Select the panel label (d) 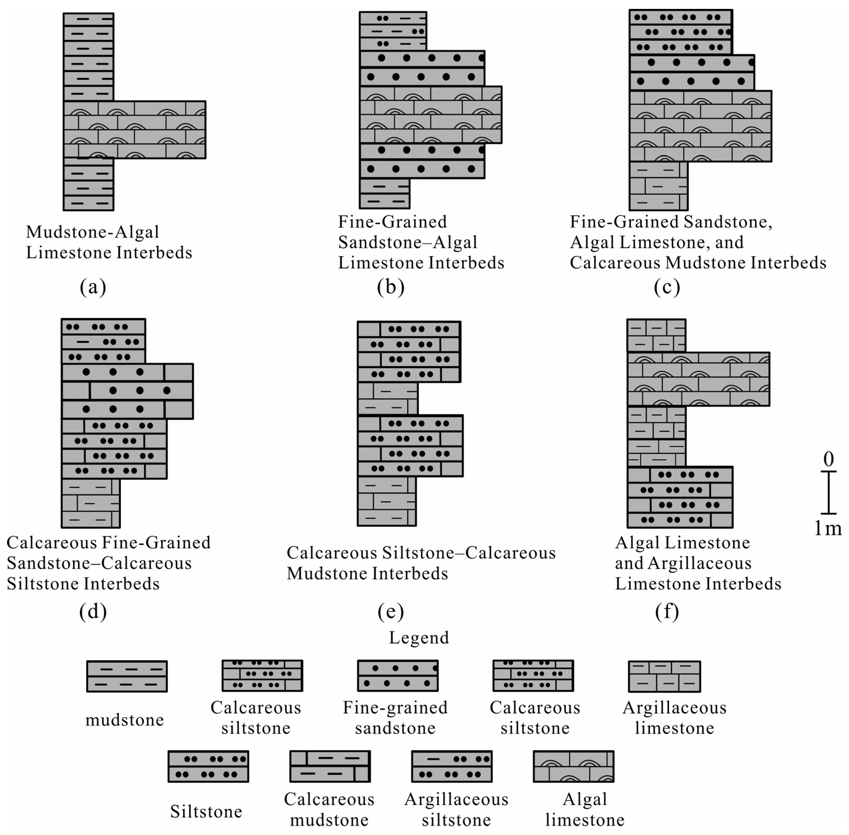click(93, 611)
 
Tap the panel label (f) click(667, 611)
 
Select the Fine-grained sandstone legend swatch click(398, 676)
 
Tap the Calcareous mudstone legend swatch click(330, 766)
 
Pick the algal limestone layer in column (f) click(698, 379)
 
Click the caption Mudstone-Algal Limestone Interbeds click(109, 242)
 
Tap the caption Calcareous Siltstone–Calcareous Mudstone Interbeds click(421, 563)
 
